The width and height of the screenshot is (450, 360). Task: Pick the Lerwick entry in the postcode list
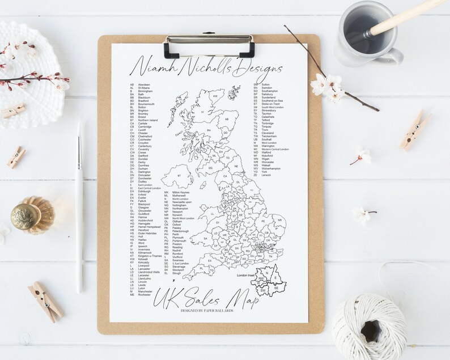tap(262, 175)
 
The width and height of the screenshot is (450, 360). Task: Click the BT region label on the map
tap(179, 176)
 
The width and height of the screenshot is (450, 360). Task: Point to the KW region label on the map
tap(215, 96)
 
